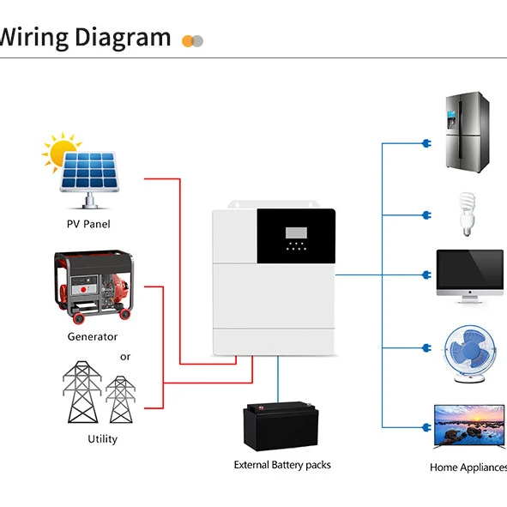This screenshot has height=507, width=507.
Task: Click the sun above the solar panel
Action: tap(61, 151)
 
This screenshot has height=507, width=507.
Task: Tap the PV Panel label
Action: tap(88, 224)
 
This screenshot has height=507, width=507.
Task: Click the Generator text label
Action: tap(93, 336)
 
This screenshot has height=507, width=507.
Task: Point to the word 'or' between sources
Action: tap(125, 357)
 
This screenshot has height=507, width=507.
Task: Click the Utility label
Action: tap(102, 438)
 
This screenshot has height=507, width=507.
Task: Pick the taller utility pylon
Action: tap(82, 391)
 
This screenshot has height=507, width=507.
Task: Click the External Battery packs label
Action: tap(282, 465)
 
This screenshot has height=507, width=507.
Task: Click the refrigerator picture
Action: tap(466, 132)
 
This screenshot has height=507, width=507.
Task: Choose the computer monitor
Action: tap(469, 275)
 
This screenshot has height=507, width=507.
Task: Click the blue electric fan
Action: tap(468, 350)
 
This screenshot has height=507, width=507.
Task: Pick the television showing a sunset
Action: tap(468, 427)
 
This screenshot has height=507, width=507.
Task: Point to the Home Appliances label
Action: tap(468, 468)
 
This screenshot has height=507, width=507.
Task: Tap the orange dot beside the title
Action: tap(188, 40)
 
